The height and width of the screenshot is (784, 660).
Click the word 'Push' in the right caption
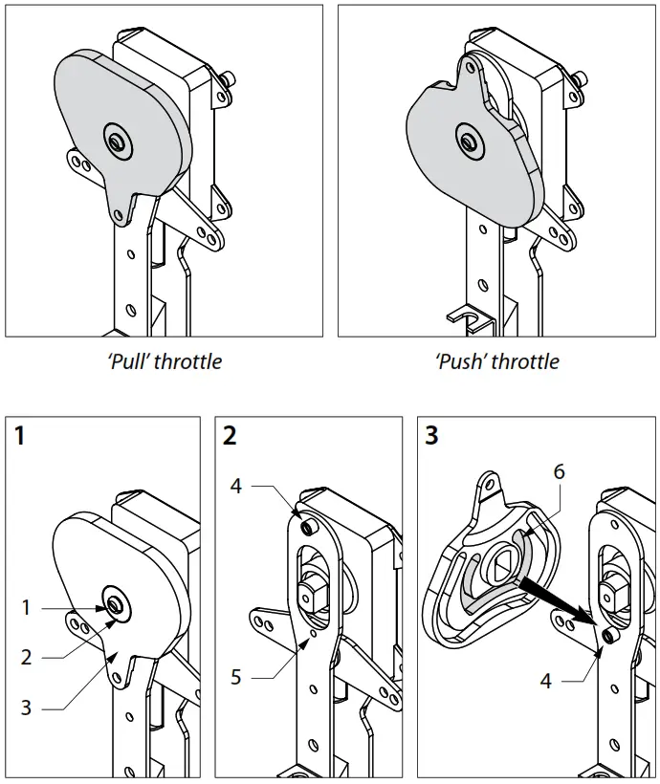click(460, 362)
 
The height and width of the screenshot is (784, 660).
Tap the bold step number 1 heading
click(21, 437)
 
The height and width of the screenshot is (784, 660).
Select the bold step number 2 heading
click(230, 437)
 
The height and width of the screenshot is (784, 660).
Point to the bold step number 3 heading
click(432, 437)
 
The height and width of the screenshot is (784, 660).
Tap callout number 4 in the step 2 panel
click(236, 487)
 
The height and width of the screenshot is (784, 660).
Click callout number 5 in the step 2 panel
click(236, 678)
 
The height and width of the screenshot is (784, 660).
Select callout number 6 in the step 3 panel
click(559, 471)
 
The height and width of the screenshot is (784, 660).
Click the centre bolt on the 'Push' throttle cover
click(469, 141)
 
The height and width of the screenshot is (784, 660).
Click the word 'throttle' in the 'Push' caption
click(525, 362)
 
